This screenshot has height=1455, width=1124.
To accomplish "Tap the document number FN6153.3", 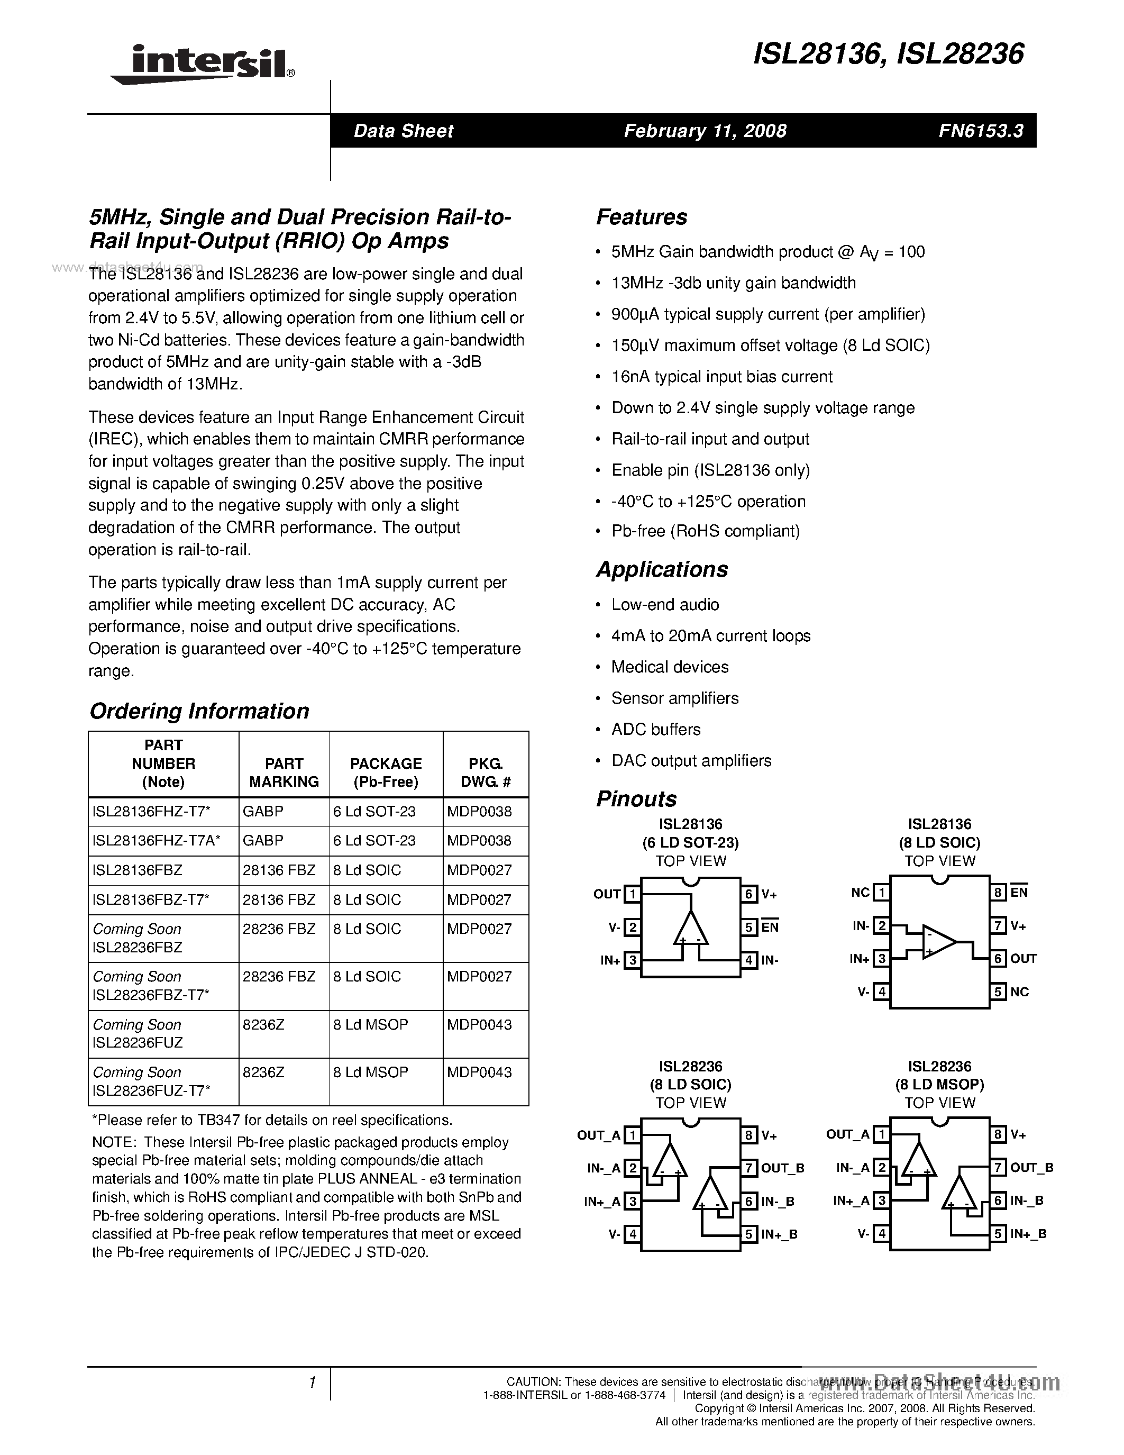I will (980, 131).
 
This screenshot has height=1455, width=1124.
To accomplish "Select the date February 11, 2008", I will (705, 131).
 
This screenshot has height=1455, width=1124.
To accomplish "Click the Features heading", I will (641, 217).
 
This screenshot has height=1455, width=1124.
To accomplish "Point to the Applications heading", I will (662, 570).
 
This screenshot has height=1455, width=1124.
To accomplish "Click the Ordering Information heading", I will (199, 712).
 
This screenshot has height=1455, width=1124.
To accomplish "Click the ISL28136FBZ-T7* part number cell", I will (151, 900).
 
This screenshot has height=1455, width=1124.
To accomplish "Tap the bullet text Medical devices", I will (669, 667).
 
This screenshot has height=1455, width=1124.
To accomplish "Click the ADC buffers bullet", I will (655, 730).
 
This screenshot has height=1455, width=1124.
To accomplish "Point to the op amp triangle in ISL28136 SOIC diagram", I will (938, 941).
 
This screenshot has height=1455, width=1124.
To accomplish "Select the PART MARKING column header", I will (284, 773).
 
